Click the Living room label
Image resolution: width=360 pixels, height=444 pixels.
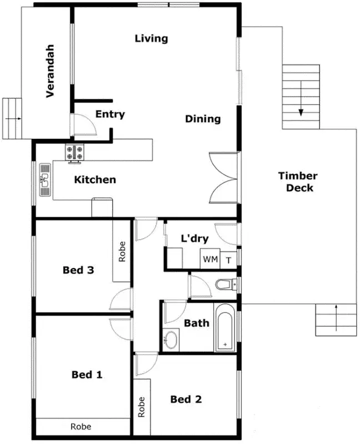pos(151,38)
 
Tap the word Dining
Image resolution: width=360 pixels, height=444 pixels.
pos(203,119)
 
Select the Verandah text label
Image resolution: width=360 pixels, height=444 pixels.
pos(50,71)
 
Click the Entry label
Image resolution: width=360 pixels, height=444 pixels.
pos(110,114)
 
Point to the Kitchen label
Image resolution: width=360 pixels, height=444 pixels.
pos(95,179)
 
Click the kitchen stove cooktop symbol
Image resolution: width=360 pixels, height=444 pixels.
pos(74,153)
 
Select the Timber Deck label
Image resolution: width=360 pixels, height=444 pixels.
pos(298,181)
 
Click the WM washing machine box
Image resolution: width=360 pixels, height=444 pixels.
pos(210,259)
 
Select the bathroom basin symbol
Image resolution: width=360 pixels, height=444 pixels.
pos(171,339)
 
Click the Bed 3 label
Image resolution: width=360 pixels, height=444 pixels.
pos(78,270)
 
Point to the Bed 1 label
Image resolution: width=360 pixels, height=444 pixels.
pos(87,375)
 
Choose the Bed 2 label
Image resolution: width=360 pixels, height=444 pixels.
pos(186,399)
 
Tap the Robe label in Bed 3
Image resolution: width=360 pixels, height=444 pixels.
pos(122,251)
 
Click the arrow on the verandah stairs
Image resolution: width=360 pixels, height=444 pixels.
pos(13,119)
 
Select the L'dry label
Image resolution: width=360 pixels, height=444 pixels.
pos(194,239)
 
